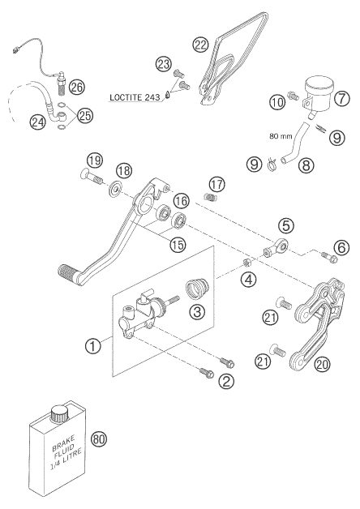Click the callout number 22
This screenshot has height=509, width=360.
200,45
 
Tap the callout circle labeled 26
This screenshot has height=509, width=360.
77,87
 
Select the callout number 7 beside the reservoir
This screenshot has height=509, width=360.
342,98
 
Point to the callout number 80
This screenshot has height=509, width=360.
99,438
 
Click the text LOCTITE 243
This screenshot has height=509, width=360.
135,97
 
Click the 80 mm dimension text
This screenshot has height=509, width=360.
281,136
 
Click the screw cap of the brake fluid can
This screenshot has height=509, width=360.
60,413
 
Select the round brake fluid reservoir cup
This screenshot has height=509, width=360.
319,92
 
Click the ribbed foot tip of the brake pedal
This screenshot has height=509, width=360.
67,273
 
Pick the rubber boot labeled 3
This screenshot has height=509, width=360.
198,287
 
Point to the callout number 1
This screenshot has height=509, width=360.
93,346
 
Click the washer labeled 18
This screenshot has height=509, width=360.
115,189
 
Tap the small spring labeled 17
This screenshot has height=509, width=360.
210,196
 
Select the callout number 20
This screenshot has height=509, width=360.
322,364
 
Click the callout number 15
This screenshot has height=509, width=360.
178,244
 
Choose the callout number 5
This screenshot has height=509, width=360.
286,225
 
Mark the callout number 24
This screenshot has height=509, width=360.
38,122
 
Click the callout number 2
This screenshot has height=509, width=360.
226,381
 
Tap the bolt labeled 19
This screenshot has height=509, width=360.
92,177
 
